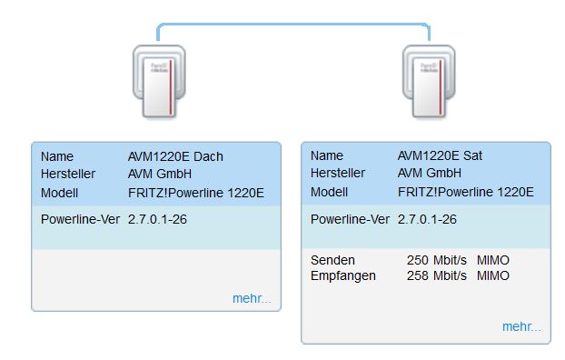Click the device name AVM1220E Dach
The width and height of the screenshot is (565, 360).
pos(175,156)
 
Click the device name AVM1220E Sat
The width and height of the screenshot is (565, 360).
pos(440,155)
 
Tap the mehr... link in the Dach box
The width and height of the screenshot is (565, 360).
pos(252,298)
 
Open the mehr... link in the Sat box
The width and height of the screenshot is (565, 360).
pos(521,326)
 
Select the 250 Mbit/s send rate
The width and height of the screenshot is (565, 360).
pos(437,260)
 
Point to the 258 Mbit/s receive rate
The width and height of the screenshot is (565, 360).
pos(437,275)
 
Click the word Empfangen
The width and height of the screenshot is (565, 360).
pos(343,276)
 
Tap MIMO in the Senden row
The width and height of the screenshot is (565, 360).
pos(493,260)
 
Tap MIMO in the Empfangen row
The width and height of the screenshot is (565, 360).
pos(493,275)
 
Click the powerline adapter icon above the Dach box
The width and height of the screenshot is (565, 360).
pos(159,82)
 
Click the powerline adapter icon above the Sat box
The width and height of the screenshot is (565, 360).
pos(429,82)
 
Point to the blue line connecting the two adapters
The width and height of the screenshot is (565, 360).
pos(293,25)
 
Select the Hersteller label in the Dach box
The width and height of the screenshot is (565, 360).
pos(68,174)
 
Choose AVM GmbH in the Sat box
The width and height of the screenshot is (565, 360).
pos(429,173)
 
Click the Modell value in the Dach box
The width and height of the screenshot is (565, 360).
pos(195,193)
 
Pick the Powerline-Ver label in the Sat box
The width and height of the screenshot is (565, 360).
pos(350,219)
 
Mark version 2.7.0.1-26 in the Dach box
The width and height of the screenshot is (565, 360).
pos(157,219)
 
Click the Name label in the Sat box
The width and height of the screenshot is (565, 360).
pos(327,155)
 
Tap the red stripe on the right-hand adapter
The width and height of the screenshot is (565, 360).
pos(441,87)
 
